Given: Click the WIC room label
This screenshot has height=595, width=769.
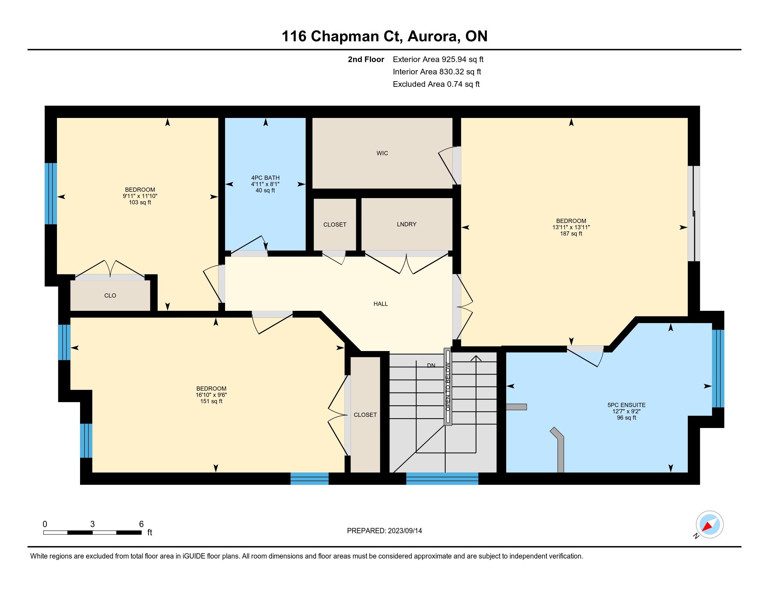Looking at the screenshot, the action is point(382,153).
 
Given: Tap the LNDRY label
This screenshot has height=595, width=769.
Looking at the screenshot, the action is point(406,224).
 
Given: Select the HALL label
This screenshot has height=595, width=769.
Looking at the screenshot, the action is point(381,304).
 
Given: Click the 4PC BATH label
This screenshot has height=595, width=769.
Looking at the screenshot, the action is point(265,178).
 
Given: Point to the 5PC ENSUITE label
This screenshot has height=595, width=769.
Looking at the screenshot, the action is point(626,405).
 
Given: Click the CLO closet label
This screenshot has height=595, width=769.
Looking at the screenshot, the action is point(110,296).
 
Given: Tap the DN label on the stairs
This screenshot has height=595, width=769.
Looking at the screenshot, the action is point(431,365).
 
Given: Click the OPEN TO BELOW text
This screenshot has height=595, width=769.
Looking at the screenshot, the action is point(448,387).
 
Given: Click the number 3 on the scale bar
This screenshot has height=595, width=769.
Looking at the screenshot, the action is point(92,524).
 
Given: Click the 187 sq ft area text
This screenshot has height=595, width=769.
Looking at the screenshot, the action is point(571,234).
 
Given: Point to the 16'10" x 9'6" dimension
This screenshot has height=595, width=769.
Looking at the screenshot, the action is point(211,395).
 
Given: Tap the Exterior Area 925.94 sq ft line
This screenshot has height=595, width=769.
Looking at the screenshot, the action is point(438,59).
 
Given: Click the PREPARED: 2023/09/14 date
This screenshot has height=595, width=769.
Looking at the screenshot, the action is point(384,531).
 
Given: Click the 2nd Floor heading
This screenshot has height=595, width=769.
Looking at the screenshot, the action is point(366,59).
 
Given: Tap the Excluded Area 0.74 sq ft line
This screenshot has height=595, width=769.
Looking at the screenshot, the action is point(436,84).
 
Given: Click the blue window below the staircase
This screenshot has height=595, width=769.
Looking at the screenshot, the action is point(442,478).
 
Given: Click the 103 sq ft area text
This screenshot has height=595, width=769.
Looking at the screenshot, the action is point(140,203).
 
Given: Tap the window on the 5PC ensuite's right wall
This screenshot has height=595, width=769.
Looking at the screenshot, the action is point(718,368).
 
